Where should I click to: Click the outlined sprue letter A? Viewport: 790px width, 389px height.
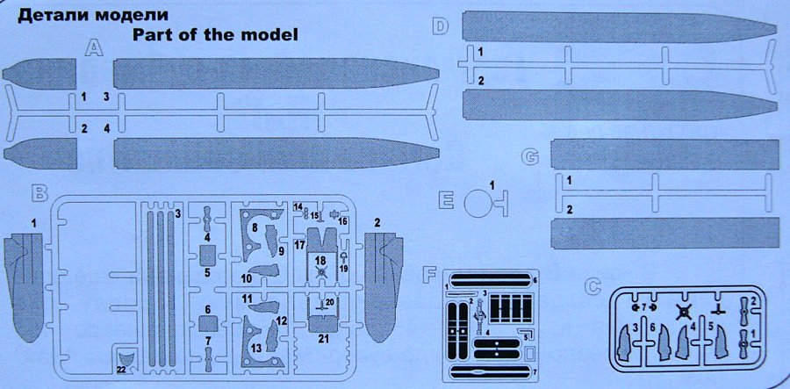pyautogui.click(x=92, y=50)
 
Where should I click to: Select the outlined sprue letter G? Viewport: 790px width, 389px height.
pyautogui.click(x=529, y=157)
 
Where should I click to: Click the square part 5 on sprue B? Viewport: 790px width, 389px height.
pyautogui.click(x=208, y=256)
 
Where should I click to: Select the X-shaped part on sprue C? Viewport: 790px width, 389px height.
pyautogui.click(x=686, y=313)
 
